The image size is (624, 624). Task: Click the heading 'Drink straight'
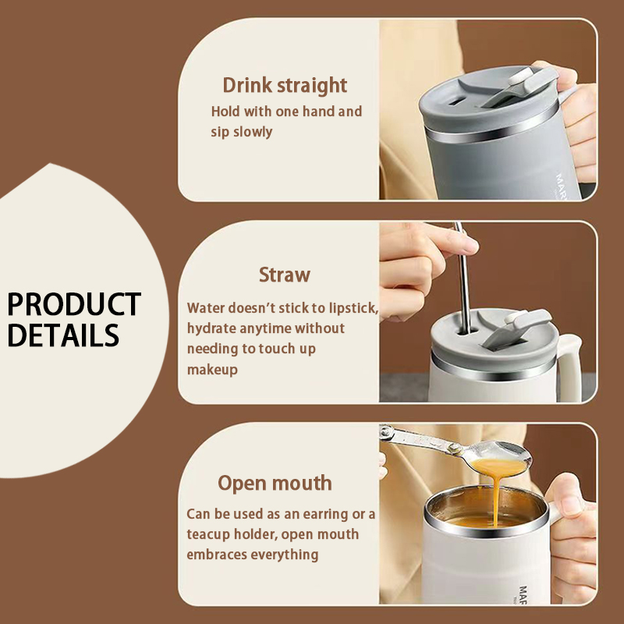(285, 86)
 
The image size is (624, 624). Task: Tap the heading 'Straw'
(285, 275)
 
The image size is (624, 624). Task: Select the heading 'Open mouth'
(275, 484)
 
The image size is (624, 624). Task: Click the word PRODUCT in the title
(74, 304)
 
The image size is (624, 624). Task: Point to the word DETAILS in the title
(63, 335)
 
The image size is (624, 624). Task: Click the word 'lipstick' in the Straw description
(353, 308)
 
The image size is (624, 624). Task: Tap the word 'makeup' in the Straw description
(212, 370)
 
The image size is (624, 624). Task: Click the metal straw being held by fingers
(463, 278)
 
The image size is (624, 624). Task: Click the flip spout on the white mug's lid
(517, 328)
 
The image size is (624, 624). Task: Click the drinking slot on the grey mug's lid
(459, 101)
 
